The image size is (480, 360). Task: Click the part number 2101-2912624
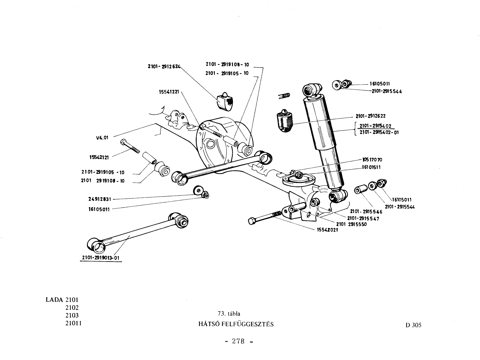pyautogui.click(x=164, y=66)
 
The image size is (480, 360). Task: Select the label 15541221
pyautogui.click(x=169, y=92)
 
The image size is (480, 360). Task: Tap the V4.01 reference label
pyautogui.click(x=102, y=138)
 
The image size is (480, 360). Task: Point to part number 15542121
pyautogui.click(x=99, y=157)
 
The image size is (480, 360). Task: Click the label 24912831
pyautogui.click(x=100, y=199)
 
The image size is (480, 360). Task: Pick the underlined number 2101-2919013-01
pyautogui.click(x=101, y=258)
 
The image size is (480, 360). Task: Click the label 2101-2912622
pyautogui.click(x=371, y=116)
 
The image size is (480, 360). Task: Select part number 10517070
pyautogui.click(x=372, y=160)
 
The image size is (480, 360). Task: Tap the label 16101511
pyautogui.click(x=371, y=167)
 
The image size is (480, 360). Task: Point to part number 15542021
pyautogui.click(x=328, y=230)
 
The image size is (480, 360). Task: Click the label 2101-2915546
pyautogui.click(x=366, y=212)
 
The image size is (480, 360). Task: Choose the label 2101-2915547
pyautogui.click(x=363, y=218)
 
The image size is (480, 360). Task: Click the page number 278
pyautogui.click(x=238, y=341)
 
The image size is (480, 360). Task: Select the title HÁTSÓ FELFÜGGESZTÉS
pyautogui.click(x=236, y=324)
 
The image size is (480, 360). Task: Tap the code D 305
pyautogui.click(x=413, y=325)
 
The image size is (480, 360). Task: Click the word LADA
pyautogui.click(x=54, y=300)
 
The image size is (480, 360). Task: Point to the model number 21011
pyautogui.click(x=73, y=323)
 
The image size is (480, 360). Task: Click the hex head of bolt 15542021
pyautogui.click(x=252, y=221)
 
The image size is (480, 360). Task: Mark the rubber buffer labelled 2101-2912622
pyautogui.click(x=285, y=121)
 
